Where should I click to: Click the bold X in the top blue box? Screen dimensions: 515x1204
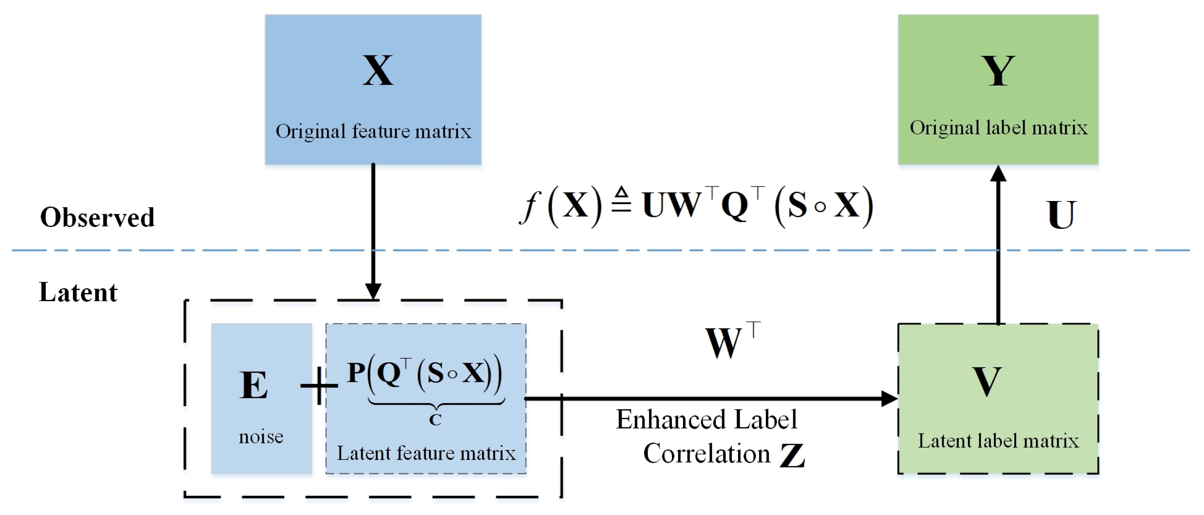[x=378, y=71]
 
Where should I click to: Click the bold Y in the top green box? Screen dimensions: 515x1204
[x=998, y=71]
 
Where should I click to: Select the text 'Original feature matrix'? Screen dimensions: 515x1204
[x=373, y=131]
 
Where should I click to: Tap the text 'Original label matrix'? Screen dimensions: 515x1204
[x=998, y=128]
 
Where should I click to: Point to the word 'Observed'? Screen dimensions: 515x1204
[x=97, y=217]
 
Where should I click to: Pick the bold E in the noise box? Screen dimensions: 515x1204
[x=253, y=385]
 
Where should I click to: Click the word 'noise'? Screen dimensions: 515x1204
[x=261, y=437]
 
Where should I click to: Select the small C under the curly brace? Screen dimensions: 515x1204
[x=435, y=420]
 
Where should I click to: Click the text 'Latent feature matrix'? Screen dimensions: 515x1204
[x=426, y=453]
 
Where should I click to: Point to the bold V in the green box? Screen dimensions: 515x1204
[x=987, y=381]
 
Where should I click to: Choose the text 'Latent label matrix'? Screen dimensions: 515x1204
[x=998, y=441]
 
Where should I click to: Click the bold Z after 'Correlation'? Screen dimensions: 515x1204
[x=792, y=455]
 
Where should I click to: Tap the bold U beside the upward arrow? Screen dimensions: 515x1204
[x=1061, y=215]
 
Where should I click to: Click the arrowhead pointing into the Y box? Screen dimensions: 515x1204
[x=998, y=174]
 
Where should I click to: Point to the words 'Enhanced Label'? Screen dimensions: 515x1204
[x=706, y=419]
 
